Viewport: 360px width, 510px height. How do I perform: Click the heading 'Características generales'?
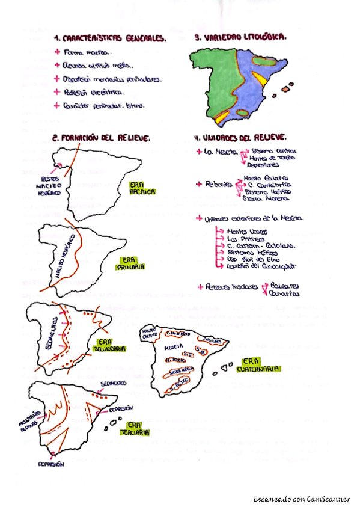(109, 38)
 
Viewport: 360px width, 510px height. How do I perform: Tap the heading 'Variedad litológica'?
(240, 37)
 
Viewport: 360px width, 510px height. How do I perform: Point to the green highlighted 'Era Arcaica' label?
(142, 188)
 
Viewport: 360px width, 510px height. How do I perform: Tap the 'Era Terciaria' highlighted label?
(135, 428)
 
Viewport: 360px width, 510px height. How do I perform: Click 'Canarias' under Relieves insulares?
(284, 294)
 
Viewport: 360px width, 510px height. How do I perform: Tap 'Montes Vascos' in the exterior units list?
(248, 231)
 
